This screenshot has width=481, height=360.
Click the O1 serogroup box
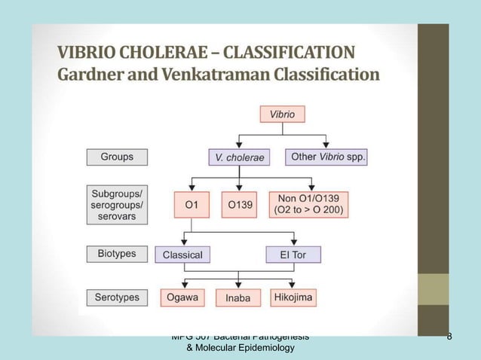[191, 204]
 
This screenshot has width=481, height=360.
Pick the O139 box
[239, 204]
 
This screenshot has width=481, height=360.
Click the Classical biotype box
[182, 255]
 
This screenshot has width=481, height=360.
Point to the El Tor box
[293, 255]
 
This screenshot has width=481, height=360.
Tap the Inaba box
[238, 298]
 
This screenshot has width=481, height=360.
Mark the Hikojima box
[293, 297]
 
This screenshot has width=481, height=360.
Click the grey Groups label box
[117, 157]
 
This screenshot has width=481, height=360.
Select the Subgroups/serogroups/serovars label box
[117, 203]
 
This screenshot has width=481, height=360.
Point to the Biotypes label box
[117, 254]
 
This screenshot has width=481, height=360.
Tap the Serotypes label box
[117, 297]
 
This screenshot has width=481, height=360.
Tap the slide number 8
[449, 337]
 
